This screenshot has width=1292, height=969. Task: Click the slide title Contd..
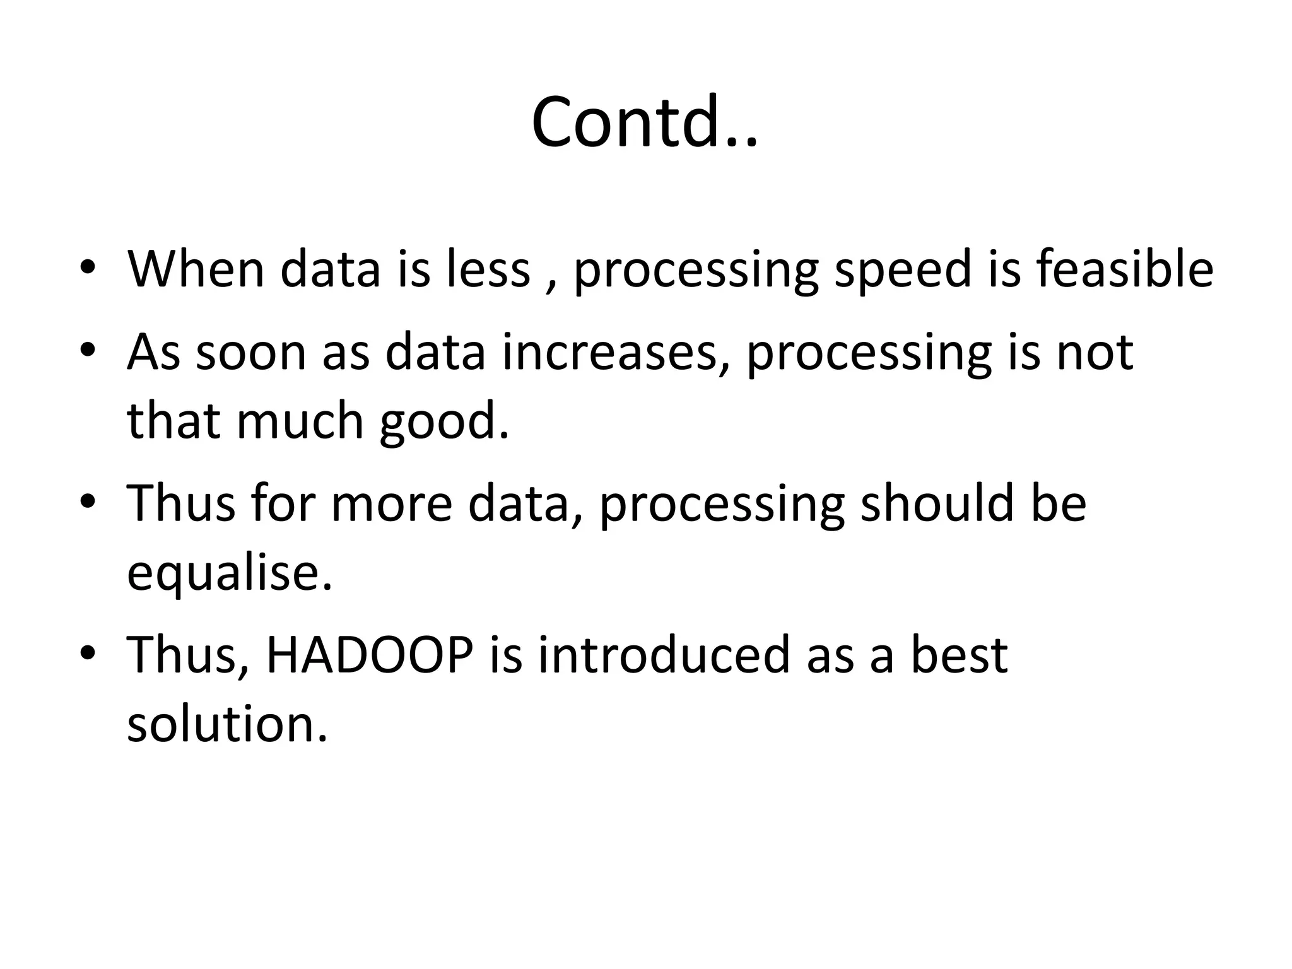coord(645,122)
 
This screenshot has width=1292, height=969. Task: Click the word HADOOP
coord(370,654)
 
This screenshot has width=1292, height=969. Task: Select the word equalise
coord(228,573)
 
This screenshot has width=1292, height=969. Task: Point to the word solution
coord(227,724)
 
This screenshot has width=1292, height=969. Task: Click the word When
coord(196,269)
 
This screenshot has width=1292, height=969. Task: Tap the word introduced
coord(664,654)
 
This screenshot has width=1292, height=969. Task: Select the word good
coord(443,423)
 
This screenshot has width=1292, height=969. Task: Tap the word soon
coord(251,353)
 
